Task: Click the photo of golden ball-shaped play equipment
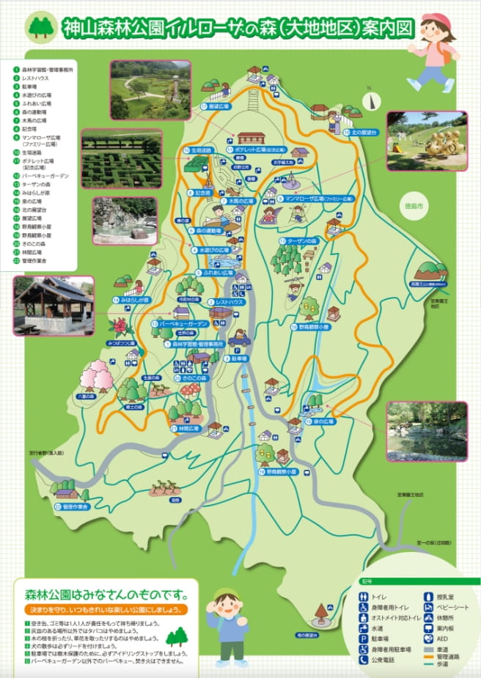point(427,141)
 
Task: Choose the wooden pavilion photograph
point(54,304)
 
